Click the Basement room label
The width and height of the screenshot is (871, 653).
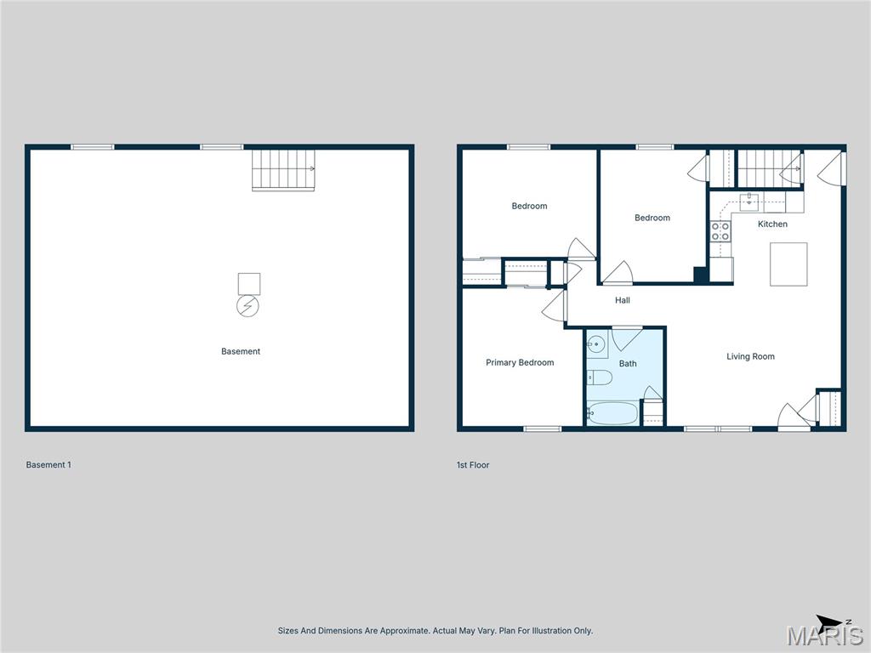(241, 351)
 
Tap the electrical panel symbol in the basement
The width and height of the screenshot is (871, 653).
(248, 306)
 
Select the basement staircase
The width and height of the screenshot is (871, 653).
(283, 170)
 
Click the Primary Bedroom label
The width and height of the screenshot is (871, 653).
(520, 363)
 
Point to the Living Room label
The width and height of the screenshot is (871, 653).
(750, 357)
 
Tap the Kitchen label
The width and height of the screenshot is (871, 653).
(772, 224)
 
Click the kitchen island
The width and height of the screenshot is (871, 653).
(788, 264)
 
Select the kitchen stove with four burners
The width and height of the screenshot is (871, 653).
(720, 231)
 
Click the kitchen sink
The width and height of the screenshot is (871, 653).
(751, 201)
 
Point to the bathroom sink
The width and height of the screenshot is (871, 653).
(597, 346)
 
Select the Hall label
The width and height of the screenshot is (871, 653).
(623, 300)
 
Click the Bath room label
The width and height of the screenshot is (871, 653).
(628, 364)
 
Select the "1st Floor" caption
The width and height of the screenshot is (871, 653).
(473, 465)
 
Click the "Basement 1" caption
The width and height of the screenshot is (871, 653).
(48, 465)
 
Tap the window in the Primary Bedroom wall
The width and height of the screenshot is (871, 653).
(542, 429)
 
